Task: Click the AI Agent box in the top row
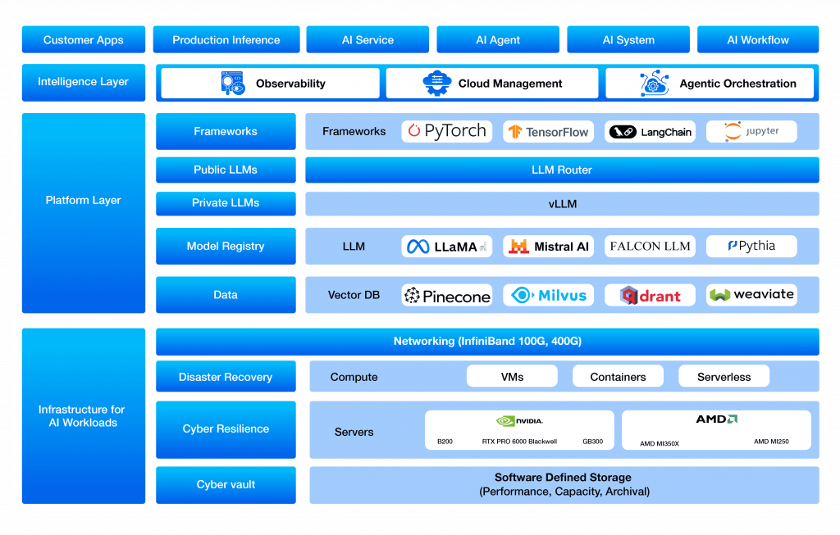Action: click(x=498, y=39)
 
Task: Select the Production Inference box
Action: click(x=226, y=39)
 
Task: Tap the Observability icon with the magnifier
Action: click(x=233, y=83)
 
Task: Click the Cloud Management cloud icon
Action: click(x=436, y=83)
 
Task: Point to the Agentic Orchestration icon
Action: click(x=654, y=83)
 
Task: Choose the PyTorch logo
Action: click(x=446, y=131)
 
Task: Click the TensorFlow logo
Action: click(x=548, y=131)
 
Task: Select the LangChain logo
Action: click(x=650, y=131)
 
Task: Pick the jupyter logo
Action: click(x=751, y=131)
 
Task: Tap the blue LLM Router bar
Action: click(x=562, y=170)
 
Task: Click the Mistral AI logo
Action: click(x=548, y=246)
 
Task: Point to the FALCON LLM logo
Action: click(x=650, y=246)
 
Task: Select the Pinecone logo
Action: click(x=446, y=295)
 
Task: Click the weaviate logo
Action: click(x=751, y=295)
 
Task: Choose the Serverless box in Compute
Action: click(x=724, y=377)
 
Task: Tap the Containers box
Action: click(x=618, y=377)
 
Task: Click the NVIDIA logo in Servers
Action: click(x=519, y=421)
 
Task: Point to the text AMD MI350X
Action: click(x=660, y=443)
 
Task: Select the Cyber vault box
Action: click(x=226, y=484)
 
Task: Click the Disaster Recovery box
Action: click(x=226, y=377)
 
